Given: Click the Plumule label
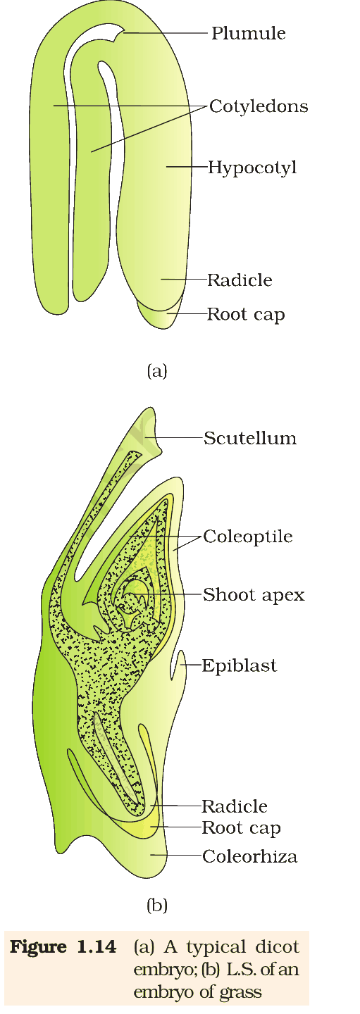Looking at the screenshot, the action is (249, 33).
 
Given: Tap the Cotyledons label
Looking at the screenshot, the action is (259, 106).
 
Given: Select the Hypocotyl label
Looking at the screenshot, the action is (252, 168).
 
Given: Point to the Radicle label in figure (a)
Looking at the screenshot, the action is (240, 280).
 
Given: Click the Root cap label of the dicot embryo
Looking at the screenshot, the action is (246, 315).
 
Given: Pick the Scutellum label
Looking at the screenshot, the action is (250, 438).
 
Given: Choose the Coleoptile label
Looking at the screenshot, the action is (248, 537).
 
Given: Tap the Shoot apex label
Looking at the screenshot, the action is (254, 595).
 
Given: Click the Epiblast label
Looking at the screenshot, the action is (239, 666).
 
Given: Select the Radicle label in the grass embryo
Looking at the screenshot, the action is (234, 806).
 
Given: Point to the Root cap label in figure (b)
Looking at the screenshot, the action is (241, 828).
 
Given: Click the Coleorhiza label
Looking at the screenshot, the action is (249, 856).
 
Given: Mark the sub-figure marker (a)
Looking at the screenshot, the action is (157, 371).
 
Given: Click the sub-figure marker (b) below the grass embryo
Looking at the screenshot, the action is (157, 906).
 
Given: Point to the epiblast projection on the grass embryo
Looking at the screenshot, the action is (182, 665).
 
